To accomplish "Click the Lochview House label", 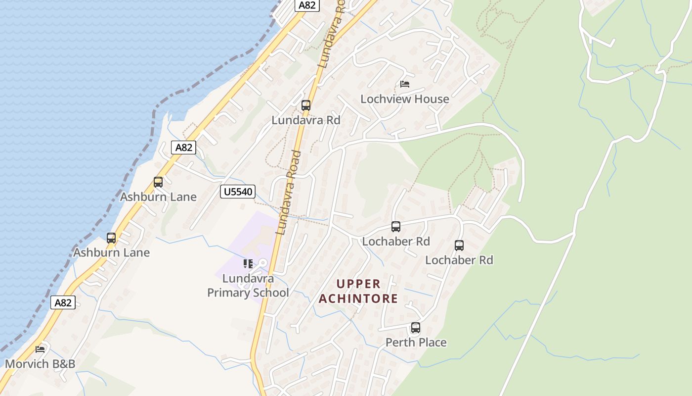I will pyautogui.click(x=405, y=99).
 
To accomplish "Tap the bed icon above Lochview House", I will pyautogui.click(x=405, y=84).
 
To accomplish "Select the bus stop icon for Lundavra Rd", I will pyautogui.click(x=306, y=105).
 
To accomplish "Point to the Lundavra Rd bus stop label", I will pyautogui.click(x=306, y=120).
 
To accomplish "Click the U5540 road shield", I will pyautogui.click(x=238, y=192).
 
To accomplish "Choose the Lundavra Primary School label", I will pyautogui.click(x=248, y=286).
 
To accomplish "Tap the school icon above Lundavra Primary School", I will pyautogui.click(x=248, y=264).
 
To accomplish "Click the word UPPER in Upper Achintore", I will pyautogui.click(x=358, y=284).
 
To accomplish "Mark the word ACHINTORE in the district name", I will pyautogui.click(x=358, y=299).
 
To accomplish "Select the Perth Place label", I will pyautogui.click(x=416, y=343).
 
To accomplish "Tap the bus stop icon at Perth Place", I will pyautogui.click(x=416, y=328).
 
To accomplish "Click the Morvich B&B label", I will pyautogui.click(x=40, y=364).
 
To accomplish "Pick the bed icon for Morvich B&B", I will pyautogui.click(x=40, y=349).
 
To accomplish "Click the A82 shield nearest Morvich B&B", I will pyautogui.click(x=63, y=302).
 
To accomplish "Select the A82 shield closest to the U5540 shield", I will pyautogui.click(x=184, y=147).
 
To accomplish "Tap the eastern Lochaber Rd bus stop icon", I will pyautogui.click(x=459, y=245).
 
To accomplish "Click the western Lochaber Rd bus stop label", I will pyautogui.click(x=396, y=242).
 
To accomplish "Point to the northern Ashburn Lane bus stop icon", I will pyautogui.click(x=158, y=182).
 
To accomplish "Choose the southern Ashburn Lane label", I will pyautogui.click(x=111, y=253).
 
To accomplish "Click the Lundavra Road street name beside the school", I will pyautogui.click(x=289, y=193).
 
